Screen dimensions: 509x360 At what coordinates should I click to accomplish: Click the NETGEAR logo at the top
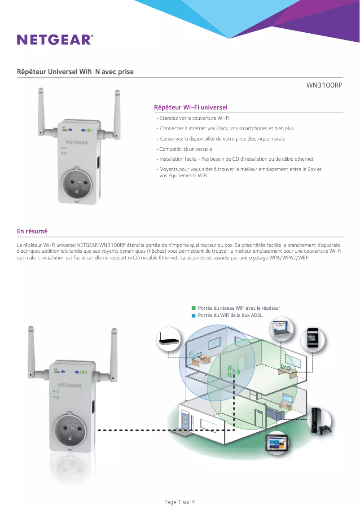click(x=55, y=39)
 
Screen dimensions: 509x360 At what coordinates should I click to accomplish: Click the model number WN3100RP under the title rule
click(x=324, y=85)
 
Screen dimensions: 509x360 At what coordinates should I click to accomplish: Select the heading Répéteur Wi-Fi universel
click(x=191, y=107)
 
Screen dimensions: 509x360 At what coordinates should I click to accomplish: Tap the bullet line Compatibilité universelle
click(x=186, y=149)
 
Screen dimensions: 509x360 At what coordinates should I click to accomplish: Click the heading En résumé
click(x=32, y=231)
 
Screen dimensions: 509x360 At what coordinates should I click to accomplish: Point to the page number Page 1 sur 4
click(x=180, y=502)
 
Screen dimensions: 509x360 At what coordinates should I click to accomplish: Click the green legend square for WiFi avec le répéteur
click(x=194, y=308)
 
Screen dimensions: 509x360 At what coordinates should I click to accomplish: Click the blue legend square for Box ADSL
click(x=194, y=316)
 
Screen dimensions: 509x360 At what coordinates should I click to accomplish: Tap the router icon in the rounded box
click(x=169, y=339)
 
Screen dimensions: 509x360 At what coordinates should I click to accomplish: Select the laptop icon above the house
click(x=281, y=329)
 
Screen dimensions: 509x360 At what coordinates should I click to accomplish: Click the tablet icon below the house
click(x=277, y=443)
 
